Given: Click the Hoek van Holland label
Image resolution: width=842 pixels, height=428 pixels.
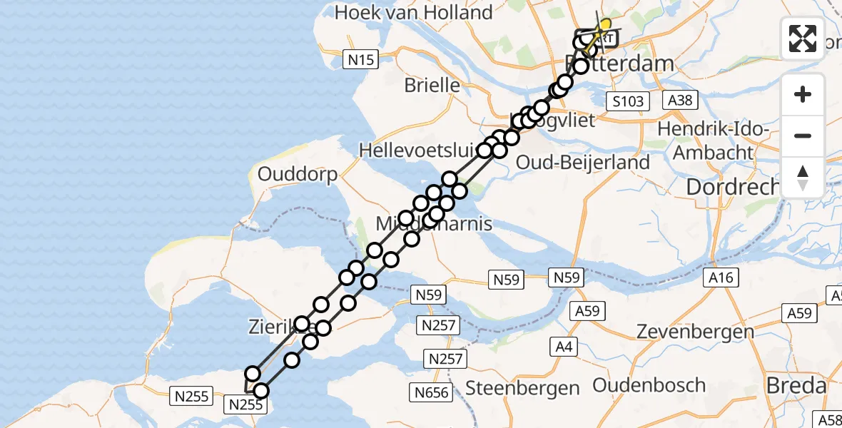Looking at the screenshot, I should click(414, 12).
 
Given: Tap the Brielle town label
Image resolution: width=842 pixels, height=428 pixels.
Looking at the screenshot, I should click(432, 85).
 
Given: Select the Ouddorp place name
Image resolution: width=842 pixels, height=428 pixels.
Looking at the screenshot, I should click(298, 174).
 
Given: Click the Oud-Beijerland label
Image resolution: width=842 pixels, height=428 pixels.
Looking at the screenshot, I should click(583, 162).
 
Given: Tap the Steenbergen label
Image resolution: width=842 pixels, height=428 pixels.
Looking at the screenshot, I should click(522, 388).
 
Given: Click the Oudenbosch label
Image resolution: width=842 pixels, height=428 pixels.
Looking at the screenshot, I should click(649, 386).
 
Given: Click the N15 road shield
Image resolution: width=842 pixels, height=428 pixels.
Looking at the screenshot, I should click(361, 60).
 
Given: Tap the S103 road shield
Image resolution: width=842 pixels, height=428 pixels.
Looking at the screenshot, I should click(629, 101).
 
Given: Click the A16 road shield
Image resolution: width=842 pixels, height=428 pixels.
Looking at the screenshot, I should click(721, 277).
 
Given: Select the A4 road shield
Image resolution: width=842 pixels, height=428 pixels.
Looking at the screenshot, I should click(564, 347).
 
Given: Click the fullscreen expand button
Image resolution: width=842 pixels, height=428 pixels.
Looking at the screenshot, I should click(803, 39).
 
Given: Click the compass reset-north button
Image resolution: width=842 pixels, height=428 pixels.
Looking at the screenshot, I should click(803, 178).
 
